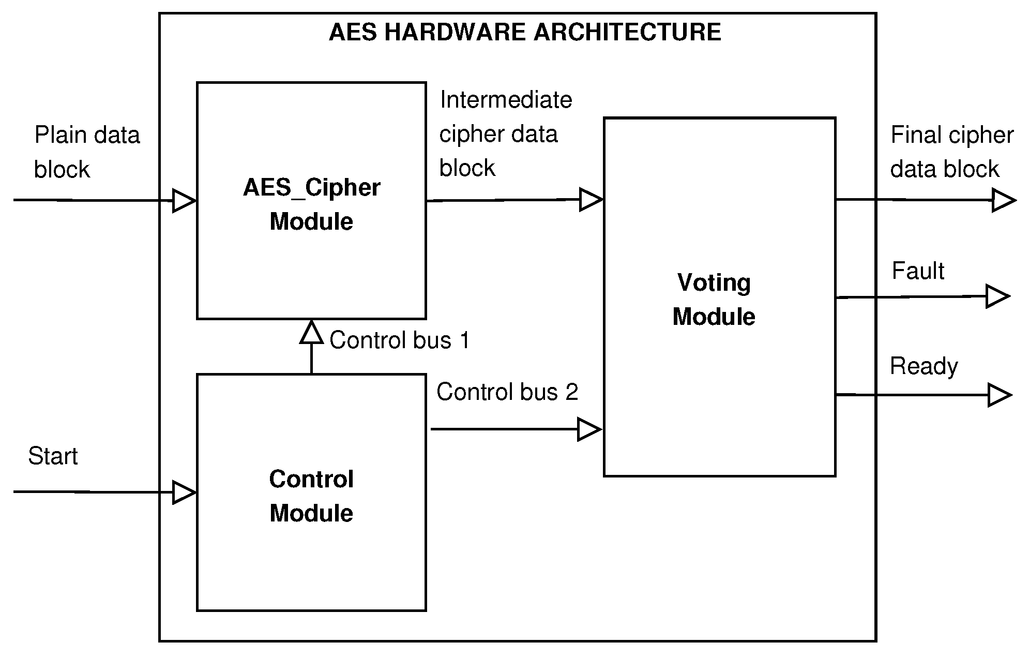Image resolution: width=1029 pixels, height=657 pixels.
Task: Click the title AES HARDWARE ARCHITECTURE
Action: pos(524,33)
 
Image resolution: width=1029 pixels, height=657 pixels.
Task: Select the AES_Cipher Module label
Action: pos(311,204)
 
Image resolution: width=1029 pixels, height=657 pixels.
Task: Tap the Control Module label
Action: pos(311,496)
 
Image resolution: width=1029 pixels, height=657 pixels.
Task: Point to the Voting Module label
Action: pos(714,300)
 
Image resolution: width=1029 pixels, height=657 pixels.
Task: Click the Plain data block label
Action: pos(86,152)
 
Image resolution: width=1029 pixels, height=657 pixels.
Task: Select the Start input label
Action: pos(53,456)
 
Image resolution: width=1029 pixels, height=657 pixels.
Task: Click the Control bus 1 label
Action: pos(399,340)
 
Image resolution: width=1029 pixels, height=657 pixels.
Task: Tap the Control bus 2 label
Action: pos(507,392)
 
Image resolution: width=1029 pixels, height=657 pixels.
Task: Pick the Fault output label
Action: pos(918,271)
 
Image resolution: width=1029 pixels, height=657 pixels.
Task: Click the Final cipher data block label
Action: pos(951,152)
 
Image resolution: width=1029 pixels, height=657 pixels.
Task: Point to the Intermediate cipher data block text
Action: pos(505,133)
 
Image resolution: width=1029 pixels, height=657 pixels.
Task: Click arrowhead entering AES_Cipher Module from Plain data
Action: pos(183,201)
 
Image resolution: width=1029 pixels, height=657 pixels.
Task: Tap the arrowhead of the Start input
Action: pos(183,492)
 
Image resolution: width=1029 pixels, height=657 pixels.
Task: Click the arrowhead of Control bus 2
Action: pos(588,429)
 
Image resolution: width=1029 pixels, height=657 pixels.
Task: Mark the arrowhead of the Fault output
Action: pos(997,296)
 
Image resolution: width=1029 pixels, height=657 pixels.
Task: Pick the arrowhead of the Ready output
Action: pos(998,395)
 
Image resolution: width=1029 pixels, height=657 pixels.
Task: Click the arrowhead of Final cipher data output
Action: pos(1003,200)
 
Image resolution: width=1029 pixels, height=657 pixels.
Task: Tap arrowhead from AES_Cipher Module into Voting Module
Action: pos(591,200)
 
